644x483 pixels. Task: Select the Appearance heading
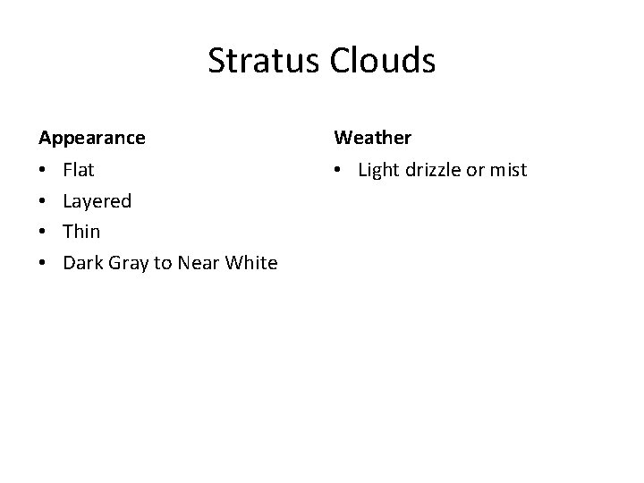coord(91,138)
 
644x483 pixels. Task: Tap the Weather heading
coord(373,138)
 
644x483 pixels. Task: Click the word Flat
coord(79,169)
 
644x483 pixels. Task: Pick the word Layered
coord(97,201)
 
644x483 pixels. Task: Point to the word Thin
coord(81,232)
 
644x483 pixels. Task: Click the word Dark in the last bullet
coord(82,263)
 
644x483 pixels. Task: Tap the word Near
coord(198,263)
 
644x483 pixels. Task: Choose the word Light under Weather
coord(378,169)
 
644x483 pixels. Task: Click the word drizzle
coord(433,169)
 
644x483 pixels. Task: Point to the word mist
coord(508,169)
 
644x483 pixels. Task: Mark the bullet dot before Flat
coord(43,170)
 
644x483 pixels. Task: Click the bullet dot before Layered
coord(43,201)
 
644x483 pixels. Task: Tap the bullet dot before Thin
coord(43,233)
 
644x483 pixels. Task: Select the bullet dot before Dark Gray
coord(43,264)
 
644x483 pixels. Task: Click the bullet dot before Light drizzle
coord(340,170)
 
